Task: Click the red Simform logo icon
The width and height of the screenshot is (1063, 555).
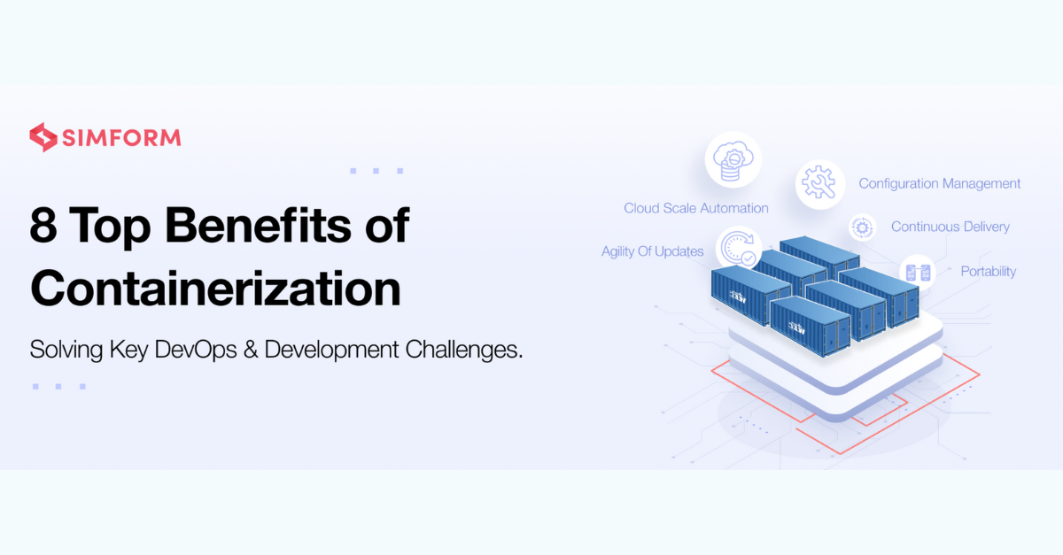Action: click(43, 137)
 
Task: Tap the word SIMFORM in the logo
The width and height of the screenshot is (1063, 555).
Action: click(121, 138)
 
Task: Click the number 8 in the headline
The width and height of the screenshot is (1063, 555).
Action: click(43, 226)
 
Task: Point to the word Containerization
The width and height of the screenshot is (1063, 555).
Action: click(216, 288)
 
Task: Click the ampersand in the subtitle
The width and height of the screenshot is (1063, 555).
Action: click(250, 350)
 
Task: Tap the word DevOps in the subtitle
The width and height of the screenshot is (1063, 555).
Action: click(196, 350)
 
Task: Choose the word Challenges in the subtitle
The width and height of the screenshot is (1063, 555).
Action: click(463, 350)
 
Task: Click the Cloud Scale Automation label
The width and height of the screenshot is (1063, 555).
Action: click(695, 208)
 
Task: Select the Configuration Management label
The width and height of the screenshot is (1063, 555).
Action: click(940, 184)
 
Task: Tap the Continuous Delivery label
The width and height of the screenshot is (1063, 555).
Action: click(950, 227)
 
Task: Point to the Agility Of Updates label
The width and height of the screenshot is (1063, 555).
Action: click(653, 251)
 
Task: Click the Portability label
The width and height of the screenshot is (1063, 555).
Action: click(989, 272)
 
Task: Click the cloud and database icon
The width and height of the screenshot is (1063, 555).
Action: click(733, 160)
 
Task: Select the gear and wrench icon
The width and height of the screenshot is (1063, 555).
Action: click(819, 184)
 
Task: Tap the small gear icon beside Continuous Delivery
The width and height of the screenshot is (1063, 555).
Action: click(862, 227)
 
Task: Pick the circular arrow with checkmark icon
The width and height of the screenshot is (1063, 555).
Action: click(738, 247)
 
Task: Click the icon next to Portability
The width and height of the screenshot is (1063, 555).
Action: click(918, 273)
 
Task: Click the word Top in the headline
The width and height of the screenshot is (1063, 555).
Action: click(111, 227)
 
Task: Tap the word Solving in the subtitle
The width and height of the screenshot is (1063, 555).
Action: click(66, 351)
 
